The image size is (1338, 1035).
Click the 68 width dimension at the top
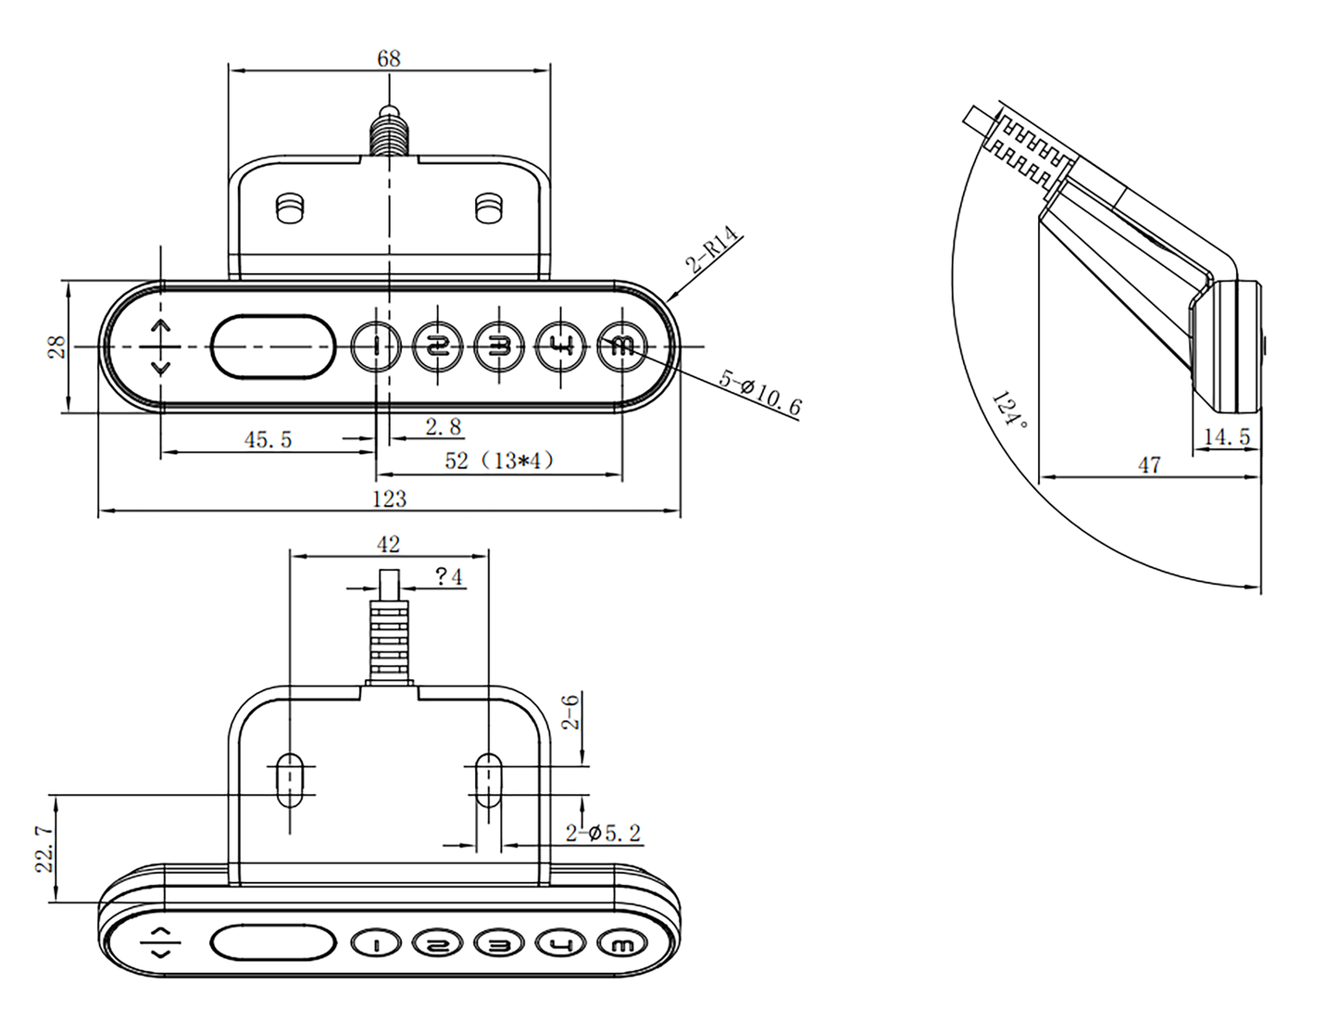click(x=389, y=58)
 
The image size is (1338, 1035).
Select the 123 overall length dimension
click(x=389, y=499)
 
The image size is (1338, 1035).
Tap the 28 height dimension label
click(x=56, y=347)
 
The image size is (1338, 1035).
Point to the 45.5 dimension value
click(x=268, y=439)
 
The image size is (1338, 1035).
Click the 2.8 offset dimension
click(x=443, y=426)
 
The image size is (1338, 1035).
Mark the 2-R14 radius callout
click(x=713, y=249)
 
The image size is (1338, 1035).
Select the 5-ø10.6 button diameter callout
click(x=760, y=392)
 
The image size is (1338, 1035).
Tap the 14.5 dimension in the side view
click(x=1227, y=435)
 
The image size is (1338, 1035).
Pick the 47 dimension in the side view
click(x=1149, y=464)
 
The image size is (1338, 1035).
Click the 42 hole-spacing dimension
click(x=389, y=544)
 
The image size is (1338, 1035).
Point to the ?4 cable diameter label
click(x=448, y=577)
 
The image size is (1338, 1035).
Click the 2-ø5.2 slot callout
click(x=603, y=833)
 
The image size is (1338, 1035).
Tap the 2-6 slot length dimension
click(x=571, y=712)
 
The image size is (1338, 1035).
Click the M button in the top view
click(x=622, y=347)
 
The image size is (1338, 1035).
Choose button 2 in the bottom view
click(x=437, y=943)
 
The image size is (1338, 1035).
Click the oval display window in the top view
click(x=272, y=347)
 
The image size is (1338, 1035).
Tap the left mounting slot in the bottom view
click(x=290, y=780)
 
